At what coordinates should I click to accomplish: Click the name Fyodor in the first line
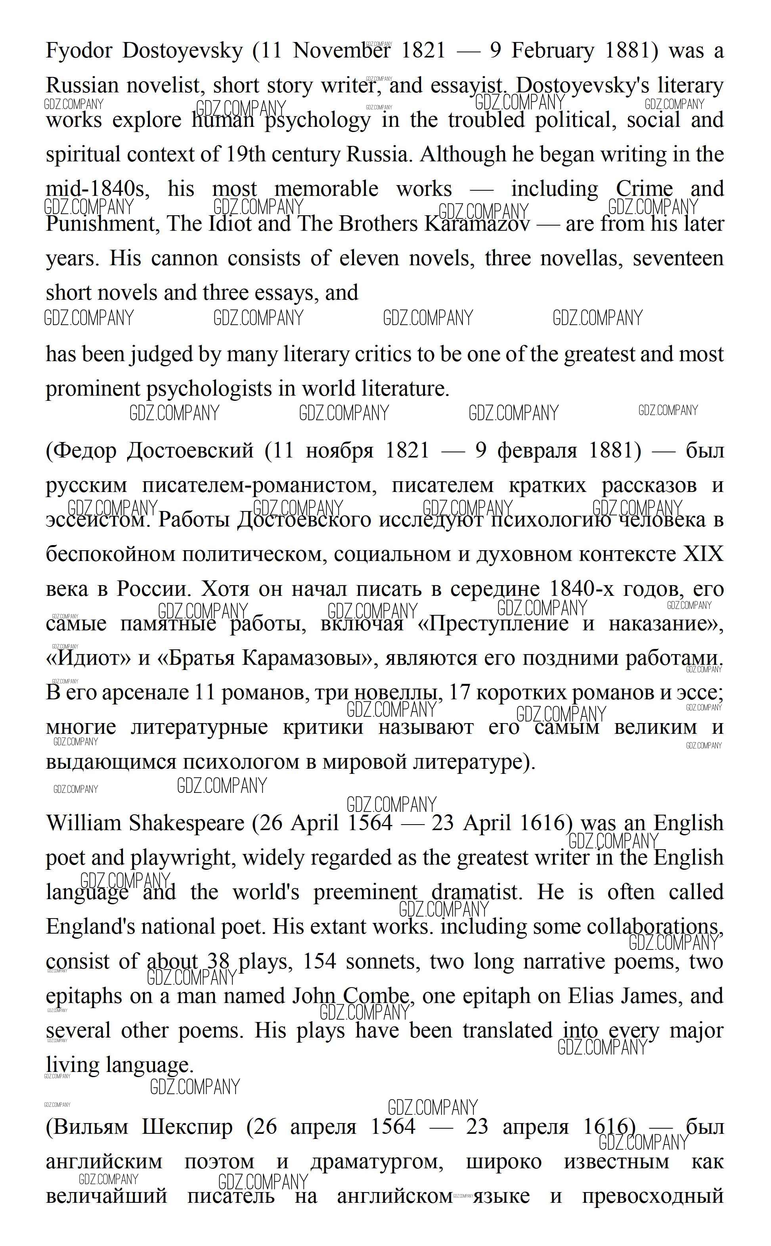[x=78, y=51]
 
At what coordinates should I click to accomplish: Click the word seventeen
[x=678, y=258]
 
